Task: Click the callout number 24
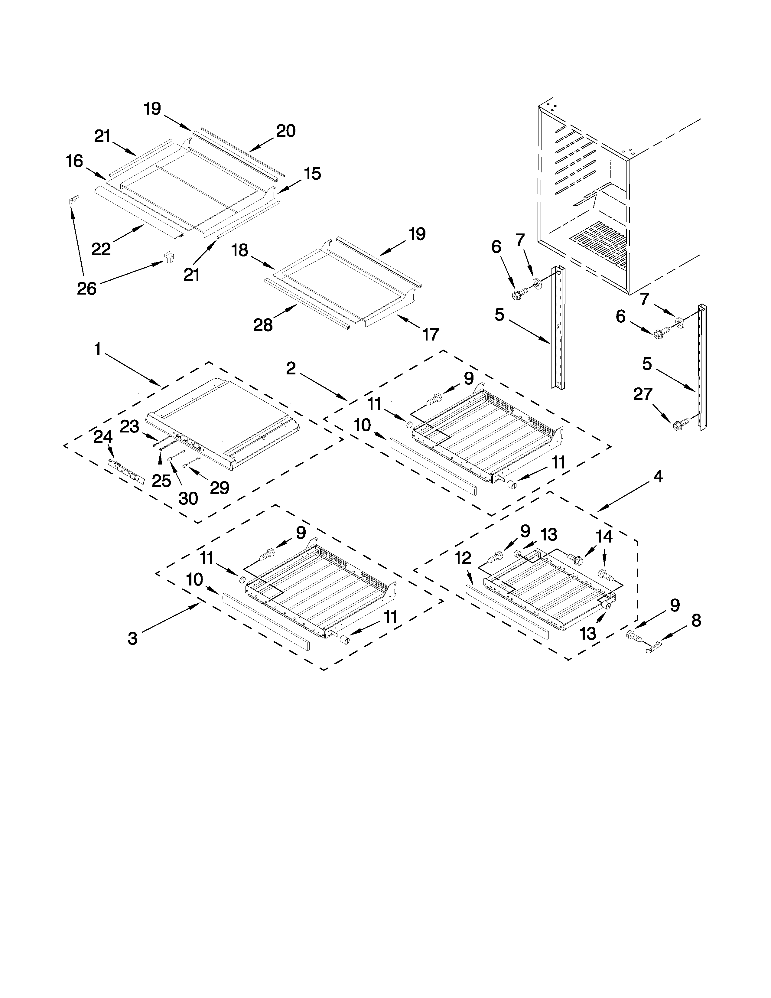103,437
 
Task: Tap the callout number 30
188,498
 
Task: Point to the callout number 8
696,621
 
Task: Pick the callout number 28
263,325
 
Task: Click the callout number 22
101,249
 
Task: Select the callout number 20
286,131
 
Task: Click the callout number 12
463,558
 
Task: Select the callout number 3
132,638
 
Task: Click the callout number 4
658,477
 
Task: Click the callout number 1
97,350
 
